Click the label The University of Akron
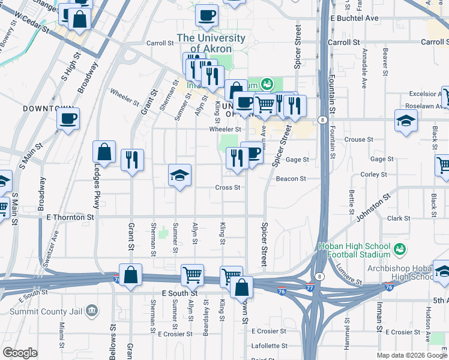211,43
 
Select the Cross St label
228,187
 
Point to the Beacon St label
291,179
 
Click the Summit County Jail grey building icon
91,310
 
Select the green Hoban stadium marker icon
399,247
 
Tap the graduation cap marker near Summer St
179,175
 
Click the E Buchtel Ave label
354,19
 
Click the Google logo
20,353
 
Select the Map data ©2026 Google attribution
411,355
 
